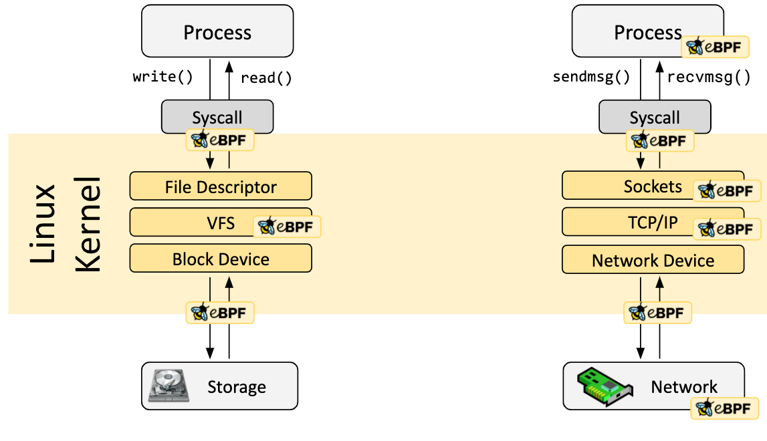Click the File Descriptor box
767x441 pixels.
point(221,186)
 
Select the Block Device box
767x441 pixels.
point(221,259)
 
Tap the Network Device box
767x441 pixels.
point(653,260)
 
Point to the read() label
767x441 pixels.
point(266,78)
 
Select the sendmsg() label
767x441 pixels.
point(591,77)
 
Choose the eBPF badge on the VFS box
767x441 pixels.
point(287,227)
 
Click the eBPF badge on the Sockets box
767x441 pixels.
point(727,191)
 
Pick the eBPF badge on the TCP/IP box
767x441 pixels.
point(727,229)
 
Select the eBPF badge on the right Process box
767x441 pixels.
point(715,47)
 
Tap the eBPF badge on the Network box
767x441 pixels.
point(726,408)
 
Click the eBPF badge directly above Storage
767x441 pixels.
point(219,312)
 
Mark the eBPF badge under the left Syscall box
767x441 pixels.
point(219,140)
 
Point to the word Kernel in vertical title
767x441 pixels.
point(87,223)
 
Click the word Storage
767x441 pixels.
point(237,387)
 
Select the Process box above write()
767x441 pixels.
point(217,31)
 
